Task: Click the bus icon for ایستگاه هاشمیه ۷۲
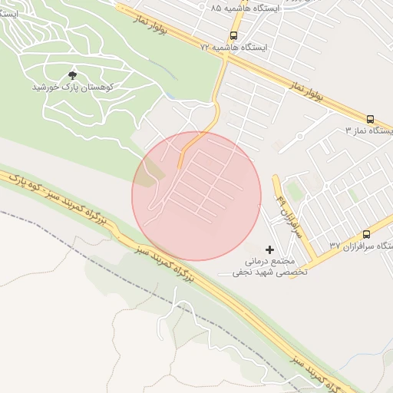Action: point(233,35)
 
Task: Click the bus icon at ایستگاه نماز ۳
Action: point(370,119)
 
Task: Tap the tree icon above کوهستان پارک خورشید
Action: point(73,74)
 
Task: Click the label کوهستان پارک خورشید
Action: point(73,88)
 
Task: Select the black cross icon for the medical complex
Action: point(269,249)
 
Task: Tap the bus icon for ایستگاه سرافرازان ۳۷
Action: point(366,234)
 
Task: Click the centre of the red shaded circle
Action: point(196,196)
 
